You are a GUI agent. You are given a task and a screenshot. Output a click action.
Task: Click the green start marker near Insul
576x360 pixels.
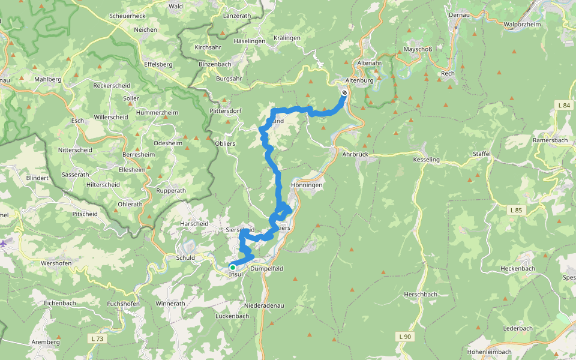[x=233, y=267]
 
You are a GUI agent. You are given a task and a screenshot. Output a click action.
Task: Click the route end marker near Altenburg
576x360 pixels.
[x=344, y=93]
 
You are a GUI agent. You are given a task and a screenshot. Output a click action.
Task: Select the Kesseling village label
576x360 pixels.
[x=426, y=160]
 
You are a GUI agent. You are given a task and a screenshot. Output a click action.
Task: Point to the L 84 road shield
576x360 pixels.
[x=563, y=105]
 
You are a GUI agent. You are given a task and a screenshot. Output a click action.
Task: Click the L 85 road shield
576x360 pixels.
[x=516, y=210]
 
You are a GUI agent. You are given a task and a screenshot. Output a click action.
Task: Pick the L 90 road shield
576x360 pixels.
[x=405, y=337]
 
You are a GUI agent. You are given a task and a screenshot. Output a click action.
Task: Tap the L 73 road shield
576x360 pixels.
[x=98, y=339]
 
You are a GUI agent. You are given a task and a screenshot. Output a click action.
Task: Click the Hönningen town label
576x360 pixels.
[x=307, y=185]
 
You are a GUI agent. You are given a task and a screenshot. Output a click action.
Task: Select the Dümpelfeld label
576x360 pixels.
[x=266, y=269]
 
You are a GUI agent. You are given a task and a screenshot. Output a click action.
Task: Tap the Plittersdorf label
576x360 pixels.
[x=225, y=111]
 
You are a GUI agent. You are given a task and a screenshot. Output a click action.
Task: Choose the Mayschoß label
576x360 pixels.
[x=418, y=49]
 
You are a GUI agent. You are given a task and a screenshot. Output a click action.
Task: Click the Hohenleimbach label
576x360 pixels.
[x=490, y=352]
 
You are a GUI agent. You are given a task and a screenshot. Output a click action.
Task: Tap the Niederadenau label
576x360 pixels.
[x=264, y=305]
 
